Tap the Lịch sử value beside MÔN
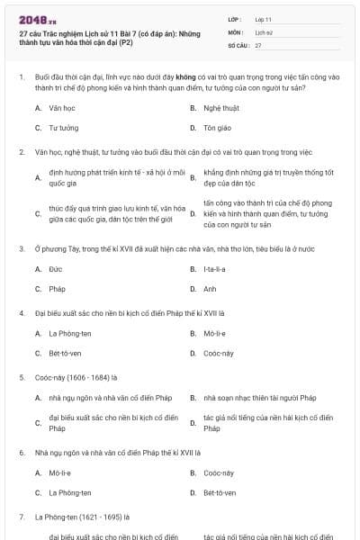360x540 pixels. coord(263,31)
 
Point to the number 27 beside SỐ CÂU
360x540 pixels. coord(258,44)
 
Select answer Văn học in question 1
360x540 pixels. coord(60,108)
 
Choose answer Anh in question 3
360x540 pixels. coord(210,289)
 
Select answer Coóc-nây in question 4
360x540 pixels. coord(219,353)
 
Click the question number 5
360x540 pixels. coord(22,377)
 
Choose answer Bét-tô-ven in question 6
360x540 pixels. coord(220,492)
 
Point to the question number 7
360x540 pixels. coord(22,517)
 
